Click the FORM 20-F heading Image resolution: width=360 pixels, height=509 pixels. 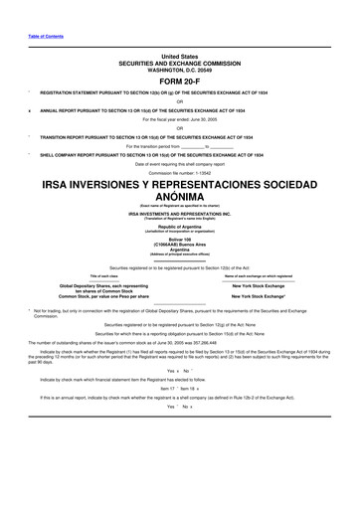pyautogui.click(x=179, y=83)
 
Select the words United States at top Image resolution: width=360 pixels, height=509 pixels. pyautogui.click(x=179, y=58)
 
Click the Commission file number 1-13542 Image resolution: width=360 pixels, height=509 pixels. pyautogui.click(x=179, y=171)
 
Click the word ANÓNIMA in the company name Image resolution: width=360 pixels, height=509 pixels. pyautogui.click(x=179, y=197)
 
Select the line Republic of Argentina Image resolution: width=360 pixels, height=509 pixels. pyautogui.click(x=179, y=226)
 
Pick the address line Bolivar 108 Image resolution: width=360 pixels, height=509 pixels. pyautogui.click(x=179, y=242)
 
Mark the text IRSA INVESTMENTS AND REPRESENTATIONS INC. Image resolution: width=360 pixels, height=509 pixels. pyautogui.click(x=179, y=214)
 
